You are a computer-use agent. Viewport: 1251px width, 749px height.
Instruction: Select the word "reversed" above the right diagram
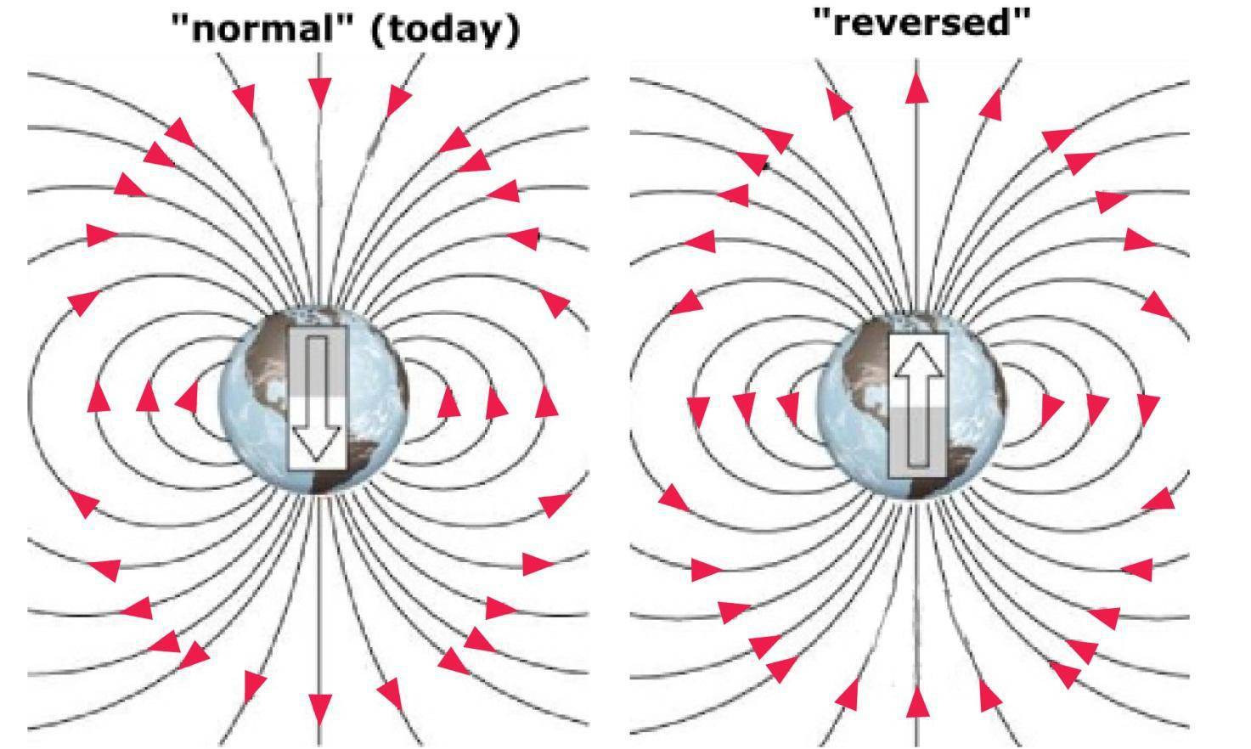click(921, 24)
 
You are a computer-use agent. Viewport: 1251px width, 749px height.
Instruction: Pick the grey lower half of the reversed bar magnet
click(918, 442)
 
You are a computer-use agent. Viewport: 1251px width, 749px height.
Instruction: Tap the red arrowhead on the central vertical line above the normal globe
click(318, 93)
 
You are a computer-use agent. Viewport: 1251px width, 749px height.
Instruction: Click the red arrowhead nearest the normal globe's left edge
click(188, 397)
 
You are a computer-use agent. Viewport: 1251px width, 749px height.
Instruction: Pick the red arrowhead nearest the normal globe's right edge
click(448, 403)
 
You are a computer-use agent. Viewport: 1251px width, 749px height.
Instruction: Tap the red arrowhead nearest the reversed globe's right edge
click(1052, 410)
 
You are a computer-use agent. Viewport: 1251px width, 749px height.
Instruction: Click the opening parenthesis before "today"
click(376, 31)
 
